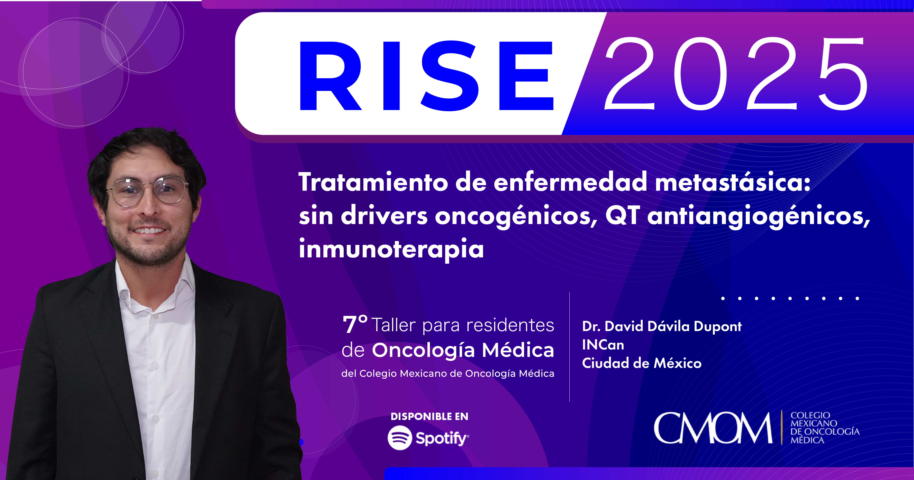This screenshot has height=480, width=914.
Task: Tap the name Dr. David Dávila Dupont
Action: click(662, 326)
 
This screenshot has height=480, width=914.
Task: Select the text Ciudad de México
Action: click(642, 363)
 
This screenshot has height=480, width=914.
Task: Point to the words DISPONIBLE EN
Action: click(429, 416)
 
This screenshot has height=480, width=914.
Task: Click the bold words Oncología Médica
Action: click(463, 351)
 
